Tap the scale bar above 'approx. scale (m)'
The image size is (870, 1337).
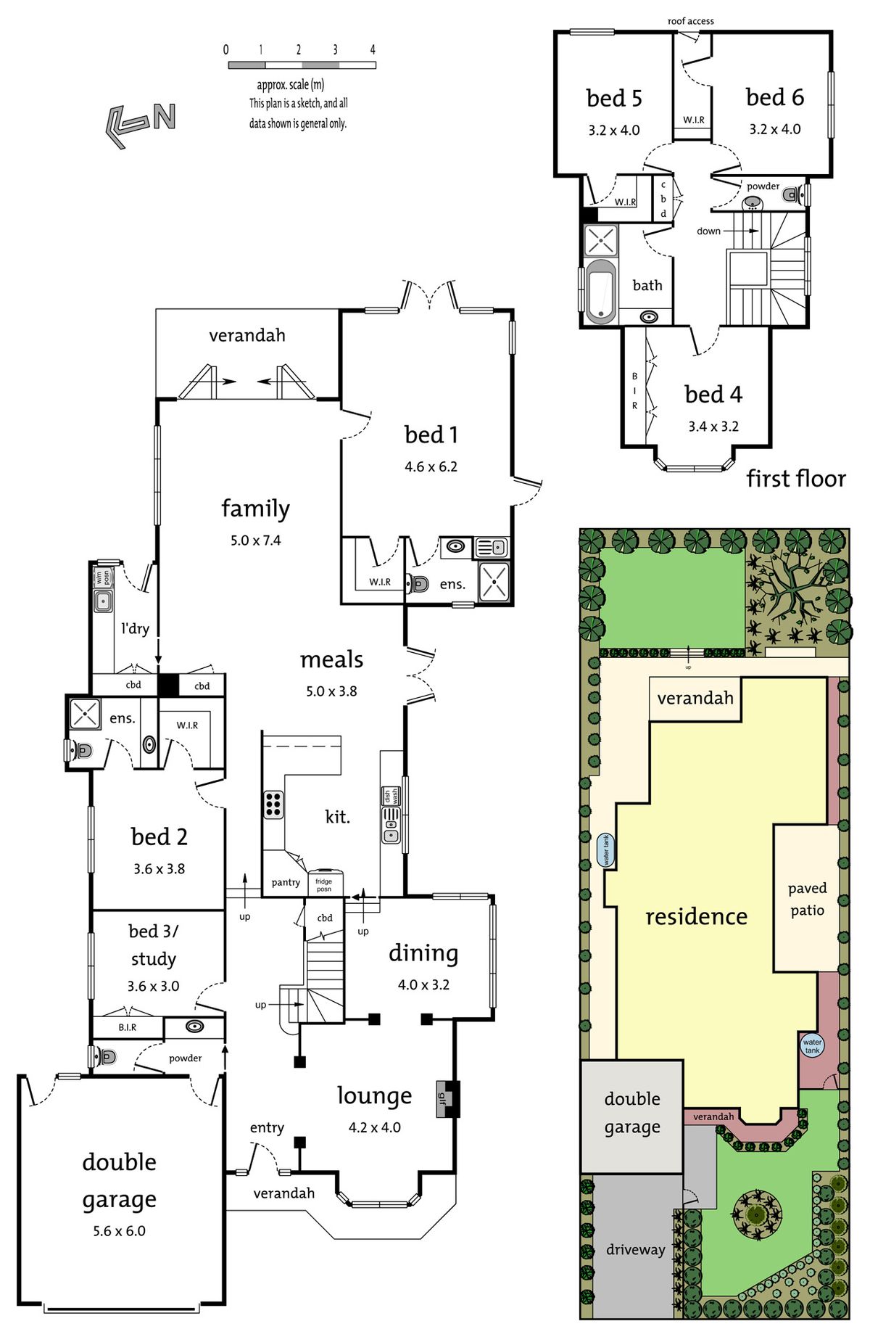pyautogui.click(x=302, y=65)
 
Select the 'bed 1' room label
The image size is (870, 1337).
pyautogui.click(x=431, y=435)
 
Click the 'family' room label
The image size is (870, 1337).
pyautogui.click(x=255, y=509)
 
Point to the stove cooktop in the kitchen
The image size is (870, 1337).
pyautogui.click(x=273, y=804)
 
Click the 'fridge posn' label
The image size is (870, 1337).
pyautogui.click(x=324, y=885)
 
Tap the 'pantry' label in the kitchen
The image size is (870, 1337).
pyautogui.click(x=286, y=883)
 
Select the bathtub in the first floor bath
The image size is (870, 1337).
pyautogui.click(x=601, y=291)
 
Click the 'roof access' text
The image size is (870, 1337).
pyautogui.click(x=691, y=21)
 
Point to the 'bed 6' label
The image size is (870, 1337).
pyautogui.click(x=775, y=97)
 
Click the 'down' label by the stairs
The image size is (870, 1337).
pyautogui.click(x=708, y=231)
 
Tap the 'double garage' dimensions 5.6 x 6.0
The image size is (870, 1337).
pyautogui.click(x=119, y=1231)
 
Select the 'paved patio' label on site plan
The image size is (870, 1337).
pyautogui.click(x=807, y=899)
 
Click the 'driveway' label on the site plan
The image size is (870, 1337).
pyautogui.click(x=636, y=1249)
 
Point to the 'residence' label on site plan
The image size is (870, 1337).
pyautogui.click(x=696, y=917)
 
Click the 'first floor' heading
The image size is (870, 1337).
pyautogui.click(x=796, y=479)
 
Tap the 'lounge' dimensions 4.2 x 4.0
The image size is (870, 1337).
pyautogui.click(x=374, y=1127)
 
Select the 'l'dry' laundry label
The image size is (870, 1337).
pyautogui.click(x=136, y=628)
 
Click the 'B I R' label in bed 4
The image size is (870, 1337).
pyautogui.click(x=634, y=391)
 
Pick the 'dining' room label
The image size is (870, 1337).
pyautogui.click(x=423, y=953)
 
